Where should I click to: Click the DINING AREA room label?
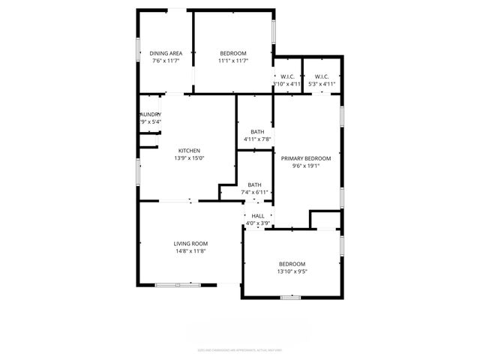tap(166, 53)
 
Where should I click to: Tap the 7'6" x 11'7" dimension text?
tap(166, 61)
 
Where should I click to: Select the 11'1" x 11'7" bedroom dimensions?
tap(233, 61)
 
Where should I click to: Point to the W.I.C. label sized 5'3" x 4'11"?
tap(322, 76)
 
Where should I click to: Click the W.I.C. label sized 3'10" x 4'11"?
tap(288, 76)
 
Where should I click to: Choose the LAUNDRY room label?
tap(151, 114)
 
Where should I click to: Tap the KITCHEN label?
tap(189, 150)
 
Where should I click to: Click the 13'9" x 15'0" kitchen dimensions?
tap(189, 158)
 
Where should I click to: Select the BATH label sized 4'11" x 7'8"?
tap(257, 132)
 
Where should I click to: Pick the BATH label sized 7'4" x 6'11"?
tap(255, 184)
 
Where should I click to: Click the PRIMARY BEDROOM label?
tap(306, 158)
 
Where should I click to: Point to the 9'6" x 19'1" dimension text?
tap(306, 166)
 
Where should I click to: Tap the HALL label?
tap(257, 215)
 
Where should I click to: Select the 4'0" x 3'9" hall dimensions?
tap(257, 223)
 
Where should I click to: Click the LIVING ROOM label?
tap(190, 243)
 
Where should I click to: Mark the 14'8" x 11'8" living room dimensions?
tap(190, 251)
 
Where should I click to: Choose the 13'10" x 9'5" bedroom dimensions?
tap(292, 271)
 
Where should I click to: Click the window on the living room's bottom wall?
tap(178, 284)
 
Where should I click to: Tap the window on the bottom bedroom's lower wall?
tap(290, 298)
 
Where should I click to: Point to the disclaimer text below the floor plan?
tap(239, 349)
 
